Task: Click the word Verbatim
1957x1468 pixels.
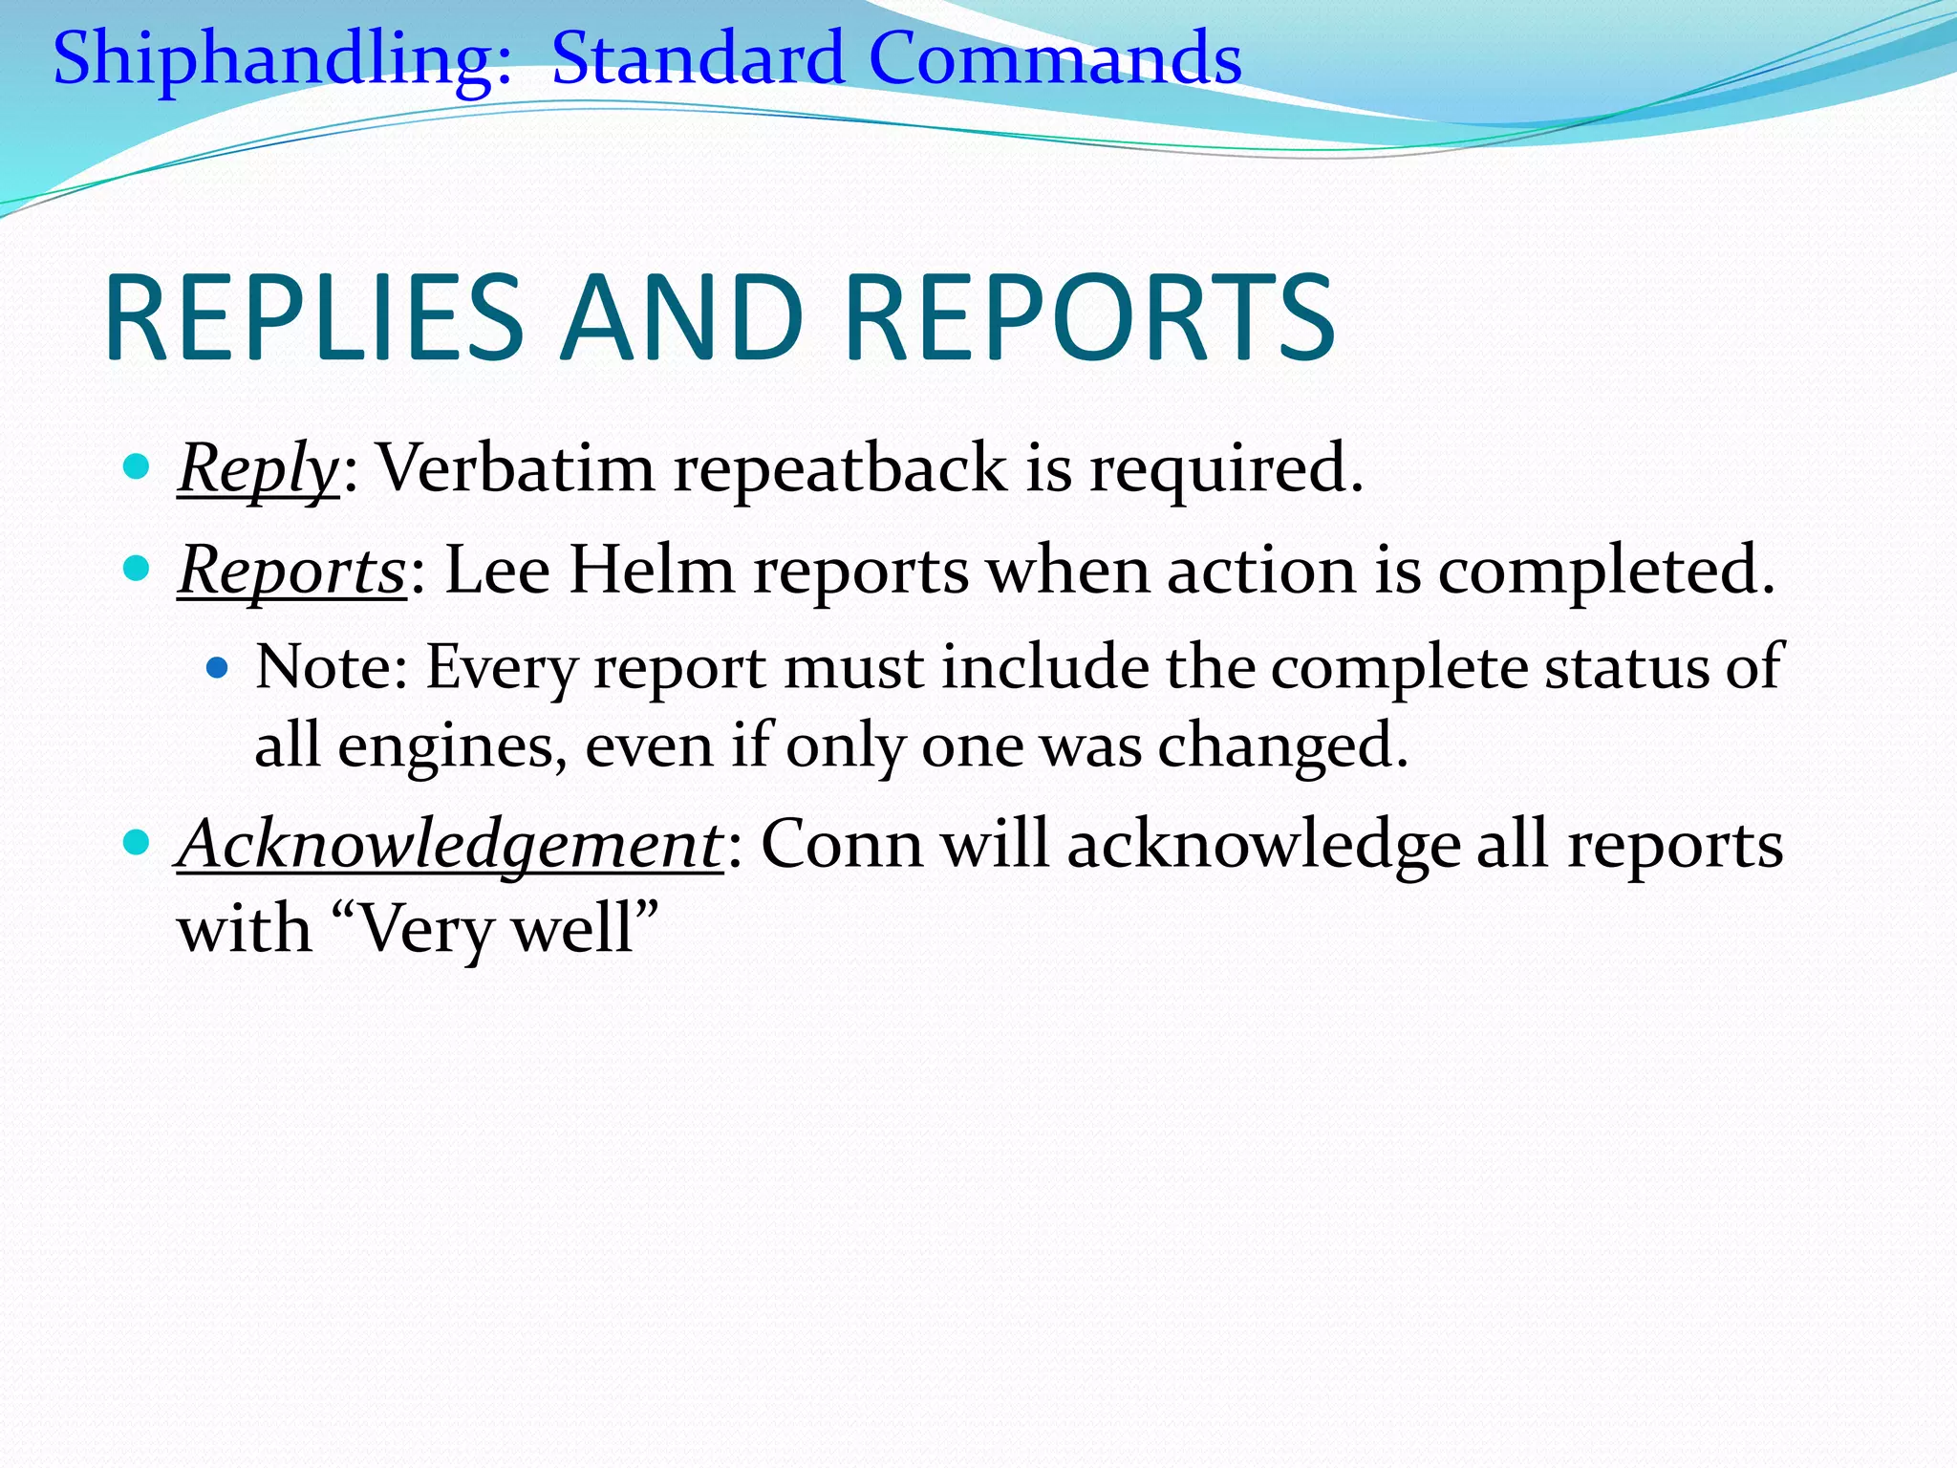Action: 516,468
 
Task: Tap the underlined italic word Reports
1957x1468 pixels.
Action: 292,572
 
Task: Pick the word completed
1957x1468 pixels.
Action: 1605,572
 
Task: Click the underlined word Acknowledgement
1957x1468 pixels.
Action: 450,846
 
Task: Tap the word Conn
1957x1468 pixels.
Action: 841,845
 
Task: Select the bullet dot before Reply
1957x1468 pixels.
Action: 137,467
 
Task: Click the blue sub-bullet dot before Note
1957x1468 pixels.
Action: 218,667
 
